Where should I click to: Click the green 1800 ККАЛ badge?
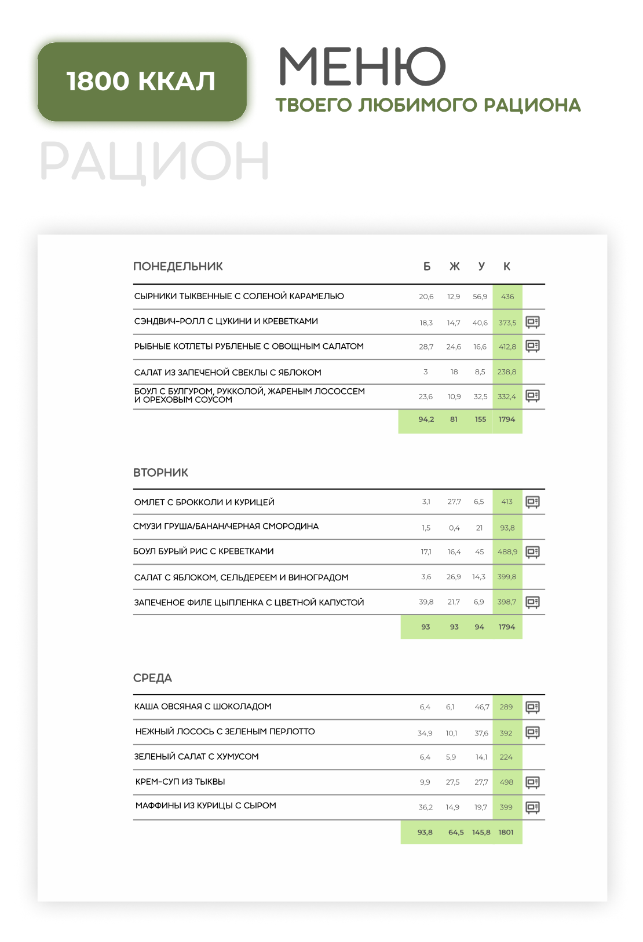click(142, 82)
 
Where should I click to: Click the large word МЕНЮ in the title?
click(363, 67)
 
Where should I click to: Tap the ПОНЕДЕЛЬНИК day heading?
click(178, 267)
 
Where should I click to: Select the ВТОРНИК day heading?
click(160, 473)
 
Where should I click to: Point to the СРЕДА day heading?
click(152, 678)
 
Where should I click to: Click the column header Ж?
click(455, 267)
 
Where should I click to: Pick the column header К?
click(507, 267)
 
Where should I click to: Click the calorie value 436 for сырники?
click(507, 297)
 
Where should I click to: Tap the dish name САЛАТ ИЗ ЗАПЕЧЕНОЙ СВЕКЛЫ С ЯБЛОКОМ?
click(228, 373)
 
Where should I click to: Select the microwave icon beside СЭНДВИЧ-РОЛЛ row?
click(532, 322)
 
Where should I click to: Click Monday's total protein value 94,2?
click(426, 420)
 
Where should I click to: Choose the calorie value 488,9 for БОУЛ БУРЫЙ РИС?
click(507, 552)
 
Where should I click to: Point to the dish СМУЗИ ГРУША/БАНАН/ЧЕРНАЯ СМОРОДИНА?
click(226, 527)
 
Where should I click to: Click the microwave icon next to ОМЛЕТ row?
click(532, 502)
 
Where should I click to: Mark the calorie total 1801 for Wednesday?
click(506, 832)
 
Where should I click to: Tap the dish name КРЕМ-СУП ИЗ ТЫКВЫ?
click(180, 782)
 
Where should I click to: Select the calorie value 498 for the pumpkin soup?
click(506, 782)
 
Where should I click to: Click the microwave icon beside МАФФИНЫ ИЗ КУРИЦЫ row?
click(532, 807)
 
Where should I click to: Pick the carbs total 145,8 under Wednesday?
click(481, 832)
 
